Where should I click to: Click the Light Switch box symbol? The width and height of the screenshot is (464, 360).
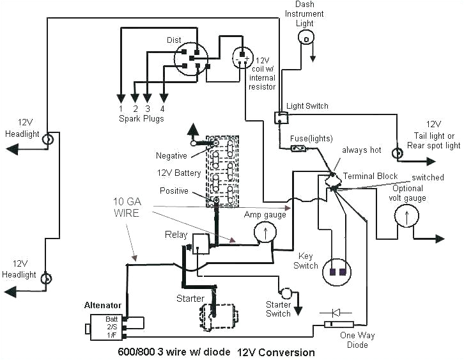pyautogui.click(x=281, y=117)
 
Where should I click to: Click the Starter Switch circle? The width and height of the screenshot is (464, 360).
pyautogui.click(x=287, y=293)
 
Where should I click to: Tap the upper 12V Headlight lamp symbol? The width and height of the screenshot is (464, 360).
pyautogui.click(x=47, y=139)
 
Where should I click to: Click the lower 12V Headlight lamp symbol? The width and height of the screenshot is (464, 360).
pyautogui.click(x=46, y=279)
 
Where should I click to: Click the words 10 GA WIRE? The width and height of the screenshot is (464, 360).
pyautogui.click(x=127, y=207)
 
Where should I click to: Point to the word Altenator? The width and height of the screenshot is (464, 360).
pyautogui.click(x=104, y=305)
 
